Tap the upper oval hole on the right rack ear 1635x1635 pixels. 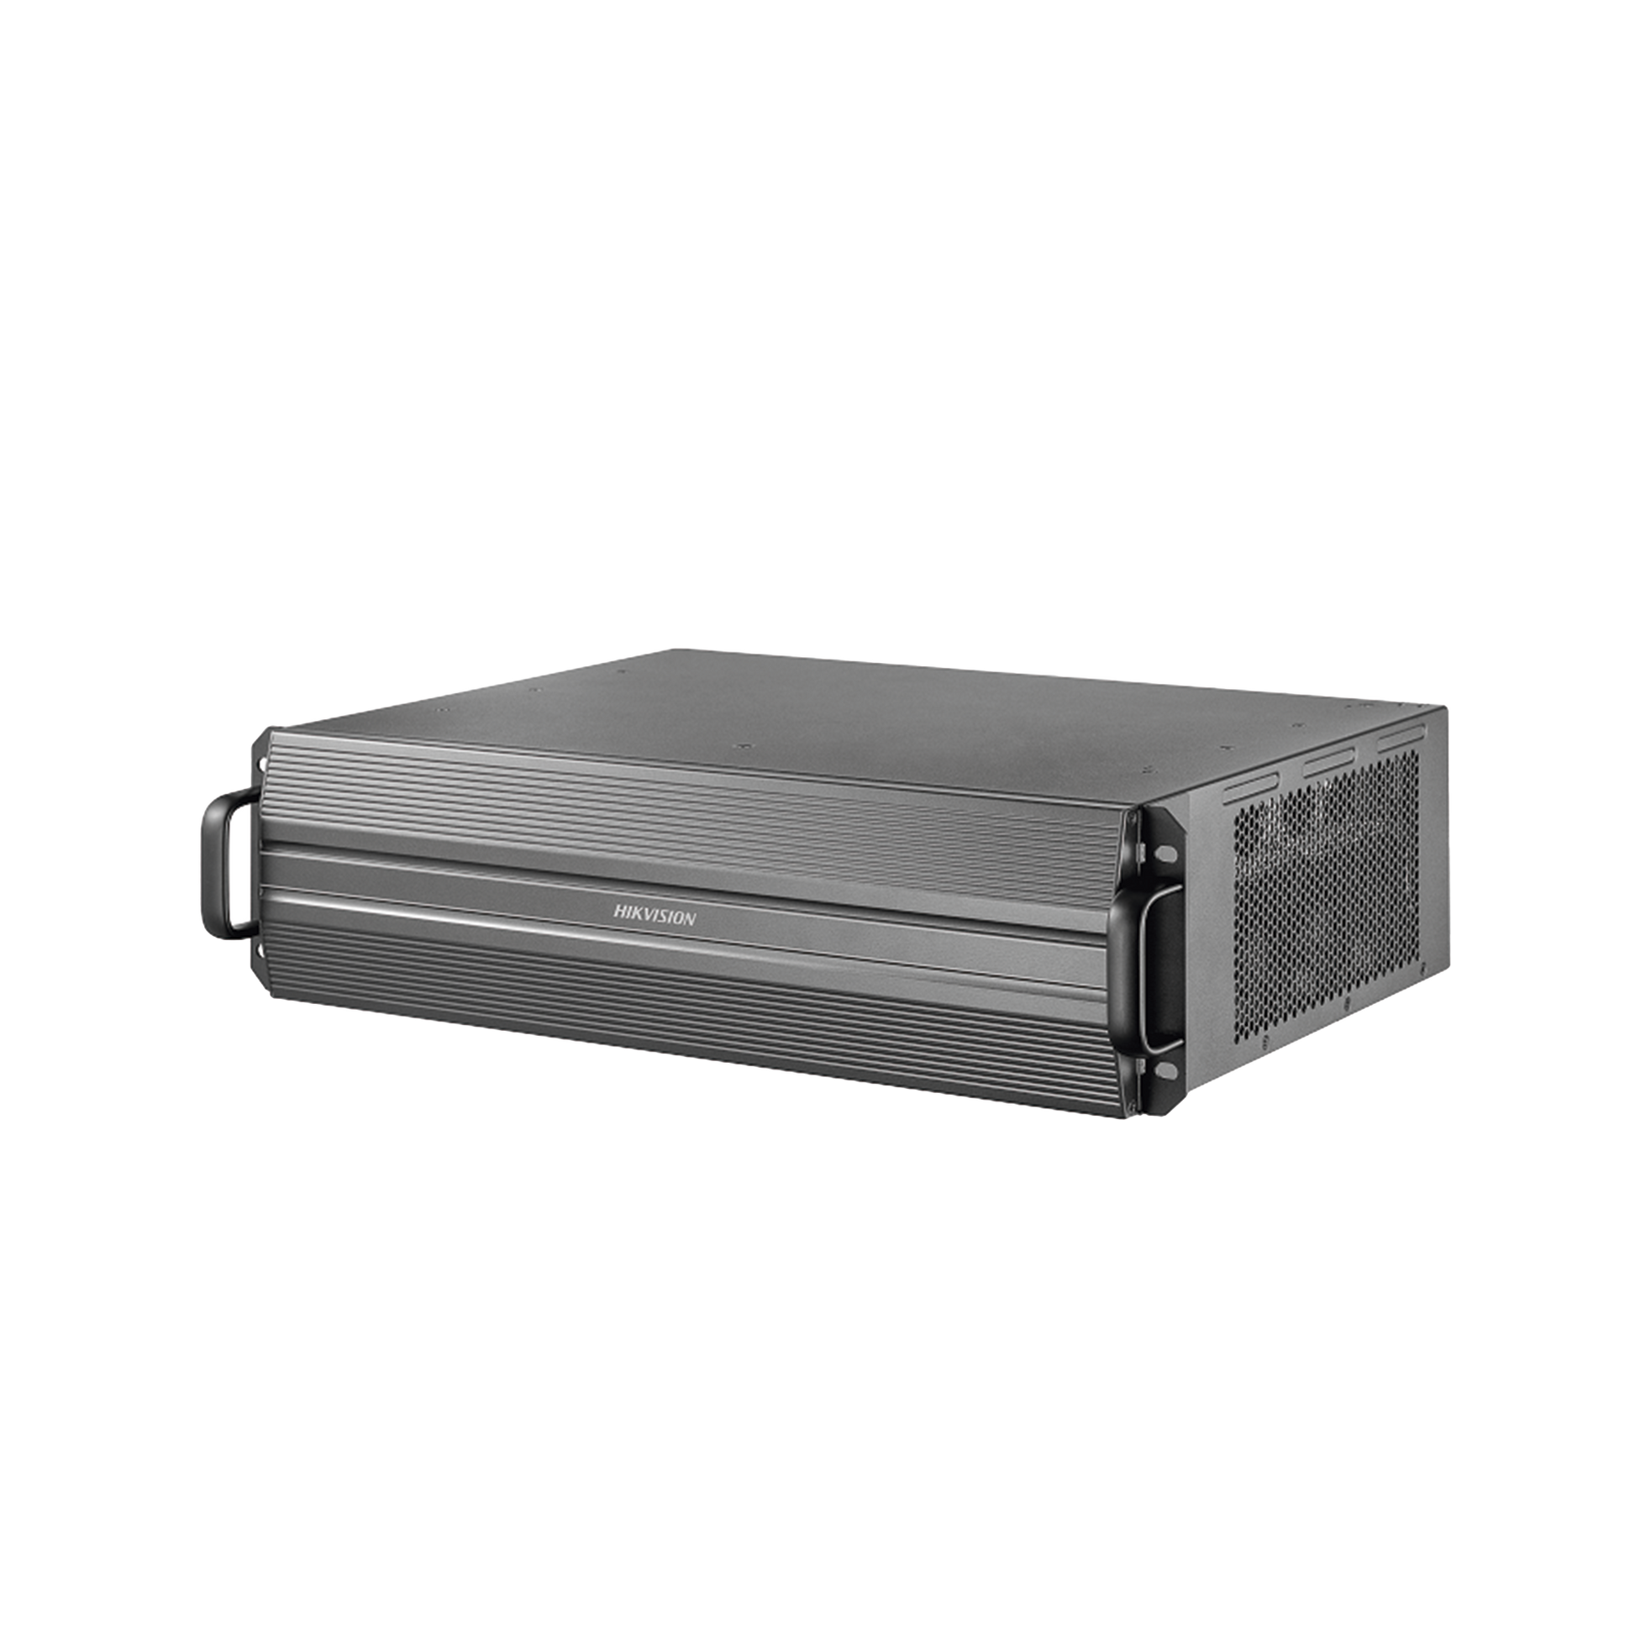click(1167, 851)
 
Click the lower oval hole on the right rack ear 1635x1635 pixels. click(1166, 1072)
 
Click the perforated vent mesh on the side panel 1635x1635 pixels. click(1325, 897)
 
